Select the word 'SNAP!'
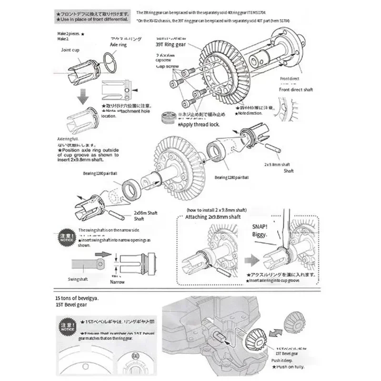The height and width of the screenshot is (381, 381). pos(261,227)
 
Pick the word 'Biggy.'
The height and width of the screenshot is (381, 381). pos(260,235)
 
